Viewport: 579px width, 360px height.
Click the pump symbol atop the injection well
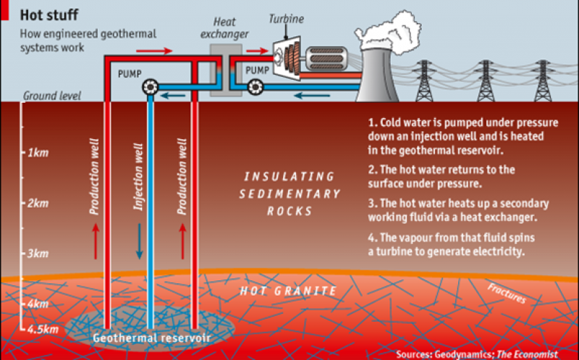pos(151,87)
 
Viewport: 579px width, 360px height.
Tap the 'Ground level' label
pos(52,96)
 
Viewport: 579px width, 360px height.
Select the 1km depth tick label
pos(38,153)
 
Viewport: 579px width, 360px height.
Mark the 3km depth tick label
pos(38,254)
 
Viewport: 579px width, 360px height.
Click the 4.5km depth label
pos(39,330)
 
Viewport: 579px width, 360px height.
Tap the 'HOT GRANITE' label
pos(289,291)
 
